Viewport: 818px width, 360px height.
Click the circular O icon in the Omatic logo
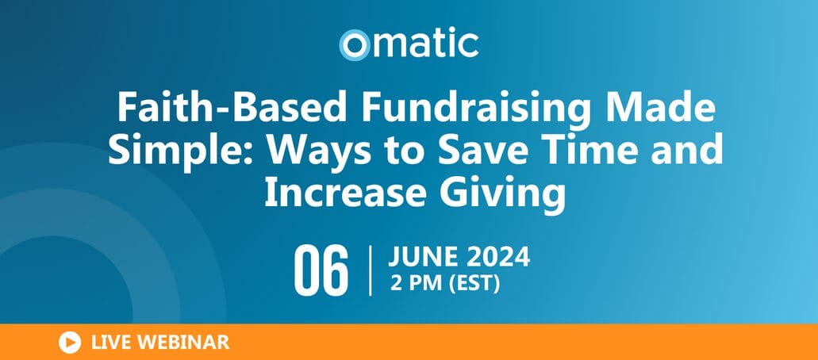tap(354, 45)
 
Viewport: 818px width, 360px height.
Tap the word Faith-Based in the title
tap(232, 108)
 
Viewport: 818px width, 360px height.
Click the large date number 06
tap(321, 271)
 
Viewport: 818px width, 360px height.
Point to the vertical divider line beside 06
tap(371, 271)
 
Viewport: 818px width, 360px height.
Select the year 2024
tap(499, 258)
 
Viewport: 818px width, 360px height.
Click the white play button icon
tap(70, 343)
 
